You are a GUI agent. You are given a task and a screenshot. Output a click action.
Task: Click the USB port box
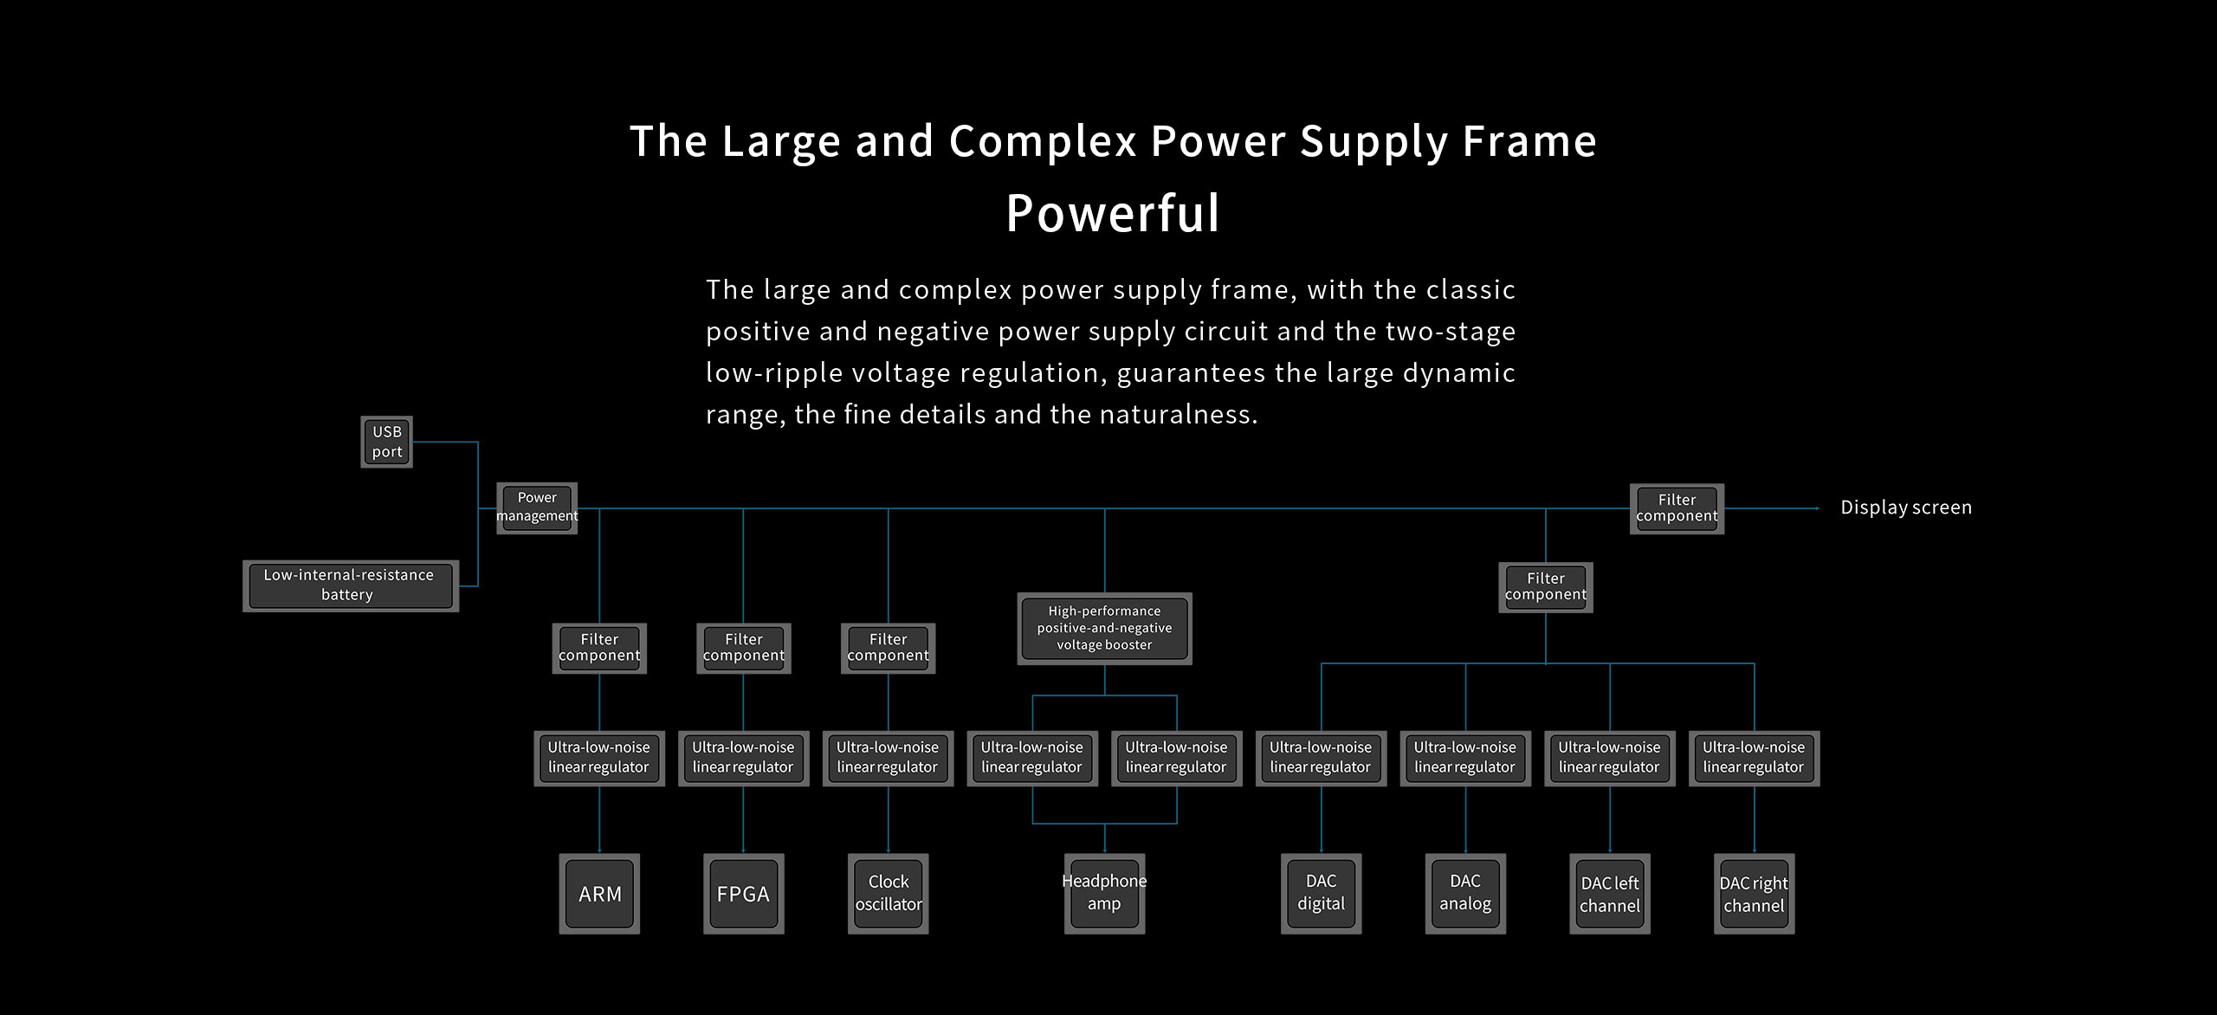(x=386, y=442)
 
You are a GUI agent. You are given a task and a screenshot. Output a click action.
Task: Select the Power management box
(x=537, y=507)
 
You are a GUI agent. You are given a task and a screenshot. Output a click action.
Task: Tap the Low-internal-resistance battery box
(x=350, y=585)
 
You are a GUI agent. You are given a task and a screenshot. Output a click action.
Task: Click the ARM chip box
(x=599, y=894)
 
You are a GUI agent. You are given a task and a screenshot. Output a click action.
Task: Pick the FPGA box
(x=743, y=894)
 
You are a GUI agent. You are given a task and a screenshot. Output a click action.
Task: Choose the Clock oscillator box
(x=889, y=894)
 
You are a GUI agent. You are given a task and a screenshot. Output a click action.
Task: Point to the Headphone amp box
(x=1104, y=894)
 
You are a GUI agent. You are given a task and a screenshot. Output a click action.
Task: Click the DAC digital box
(x=1321, y=894)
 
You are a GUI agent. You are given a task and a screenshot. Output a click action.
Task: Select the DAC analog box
(x=1465, y=894)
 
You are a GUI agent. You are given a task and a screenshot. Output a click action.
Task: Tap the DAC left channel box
(x=1610, y=894)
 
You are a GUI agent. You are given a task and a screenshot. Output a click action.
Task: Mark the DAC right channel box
(x=1754, y=894)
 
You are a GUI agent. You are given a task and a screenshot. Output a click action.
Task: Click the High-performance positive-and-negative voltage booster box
(x=1104, y=629)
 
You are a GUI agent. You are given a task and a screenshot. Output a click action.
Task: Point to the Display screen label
(x=1905, y=507)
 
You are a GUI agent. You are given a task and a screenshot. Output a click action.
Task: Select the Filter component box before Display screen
(x=1677, y=508)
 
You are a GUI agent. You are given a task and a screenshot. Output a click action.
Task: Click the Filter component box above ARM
(x=599, y=648)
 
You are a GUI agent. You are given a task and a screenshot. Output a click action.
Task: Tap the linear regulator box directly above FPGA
(x=743, y=758)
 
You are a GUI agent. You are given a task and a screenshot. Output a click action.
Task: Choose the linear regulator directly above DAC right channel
(x=1754, y=758)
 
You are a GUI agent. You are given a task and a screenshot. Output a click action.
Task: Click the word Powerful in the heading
(x=1113, y=213)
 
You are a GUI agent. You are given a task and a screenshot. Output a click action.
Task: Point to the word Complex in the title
(x=1043, y=140)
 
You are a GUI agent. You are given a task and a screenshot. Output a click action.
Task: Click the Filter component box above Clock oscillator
(x=889, y=648)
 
